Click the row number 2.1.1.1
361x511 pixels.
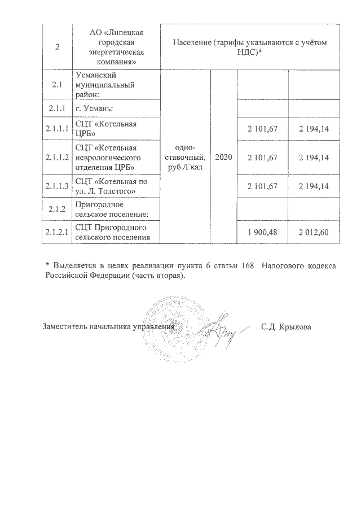[56, 130]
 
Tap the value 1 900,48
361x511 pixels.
[263, 232]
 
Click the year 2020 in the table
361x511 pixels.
[223, 156]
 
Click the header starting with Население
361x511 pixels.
[249, 46]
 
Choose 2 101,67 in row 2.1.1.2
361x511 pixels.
[263, 156]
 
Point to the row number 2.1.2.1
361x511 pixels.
[56, 232]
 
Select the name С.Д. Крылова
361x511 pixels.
[286, 327]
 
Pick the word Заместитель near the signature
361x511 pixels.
[66, 327]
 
